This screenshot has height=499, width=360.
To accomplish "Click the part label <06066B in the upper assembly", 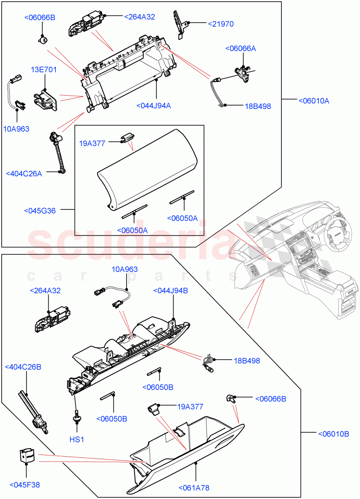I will click(40, 17).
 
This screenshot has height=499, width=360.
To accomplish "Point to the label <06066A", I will click(241, 49).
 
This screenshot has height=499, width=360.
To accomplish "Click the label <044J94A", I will click(153, 106).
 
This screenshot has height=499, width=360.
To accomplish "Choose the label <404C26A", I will click(24, 173).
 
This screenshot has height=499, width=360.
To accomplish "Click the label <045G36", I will click(40, 211).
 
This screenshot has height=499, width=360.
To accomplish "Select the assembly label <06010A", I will click(313, 101).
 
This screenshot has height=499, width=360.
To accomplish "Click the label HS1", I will click(77, 439).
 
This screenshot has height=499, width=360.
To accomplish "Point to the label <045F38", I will click(26, 484).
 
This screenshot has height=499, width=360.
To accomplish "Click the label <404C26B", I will click(23, 367).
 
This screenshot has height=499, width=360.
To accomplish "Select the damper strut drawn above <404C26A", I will click(57, 152).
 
